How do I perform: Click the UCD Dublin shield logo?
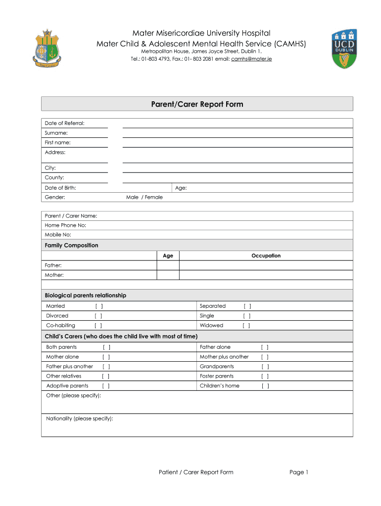pyautogui.click(x=345, y=48)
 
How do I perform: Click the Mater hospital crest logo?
pyautogui.click(x=47, y=48)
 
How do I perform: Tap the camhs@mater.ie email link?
pyautogui.click(x=251, y=59)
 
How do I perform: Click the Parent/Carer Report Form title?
pyautogui.click(x=197, y=104)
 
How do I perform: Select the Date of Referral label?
pyautogui.click(x=64, y=123)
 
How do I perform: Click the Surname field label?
pyautogui.click(x=56, y=133)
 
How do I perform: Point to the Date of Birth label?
pyautogui.click(x=60, y=188)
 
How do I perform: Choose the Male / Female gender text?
pyautogui.click(x=144, y=197)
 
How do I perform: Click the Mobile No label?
pyautogui.click(x=58, y=235)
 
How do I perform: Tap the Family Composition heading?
pyautogui.click(x=71, y=246)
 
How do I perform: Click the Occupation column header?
pyautogui.click(x=266, y=255)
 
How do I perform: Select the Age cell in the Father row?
pyautogui.click(x=168, y=265)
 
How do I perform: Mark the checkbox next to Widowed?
pyautogui.click(x=246, y=326)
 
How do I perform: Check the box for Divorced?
pyautogui.click(x=98, y=316)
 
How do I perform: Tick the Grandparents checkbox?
pyautogui.click(x=265, y=367)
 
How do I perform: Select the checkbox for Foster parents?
pyautogui.click(x=265, y=376)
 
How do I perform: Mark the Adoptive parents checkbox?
pyautogui.click(x=106, y=386)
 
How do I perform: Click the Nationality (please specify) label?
pyautogui.click(x=79, y=419)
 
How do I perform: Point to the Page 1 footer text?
pyautogui.click(x=299, y=472)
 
